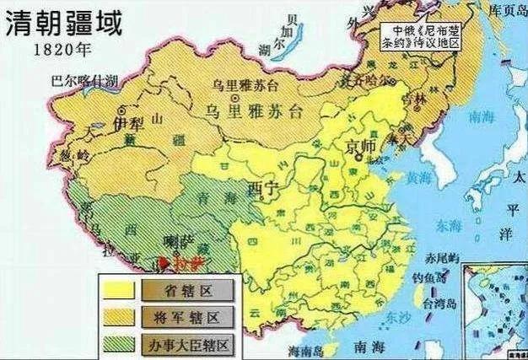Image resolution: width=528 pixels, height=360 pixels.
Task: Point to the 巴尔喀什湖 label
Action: (x=84, y=83)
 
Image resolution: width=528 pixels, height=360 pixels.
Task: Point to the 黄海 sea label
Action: (x=417, y=178)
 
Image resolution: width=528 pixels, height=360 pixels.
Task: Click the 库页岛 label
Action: (x=505, y=8)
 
